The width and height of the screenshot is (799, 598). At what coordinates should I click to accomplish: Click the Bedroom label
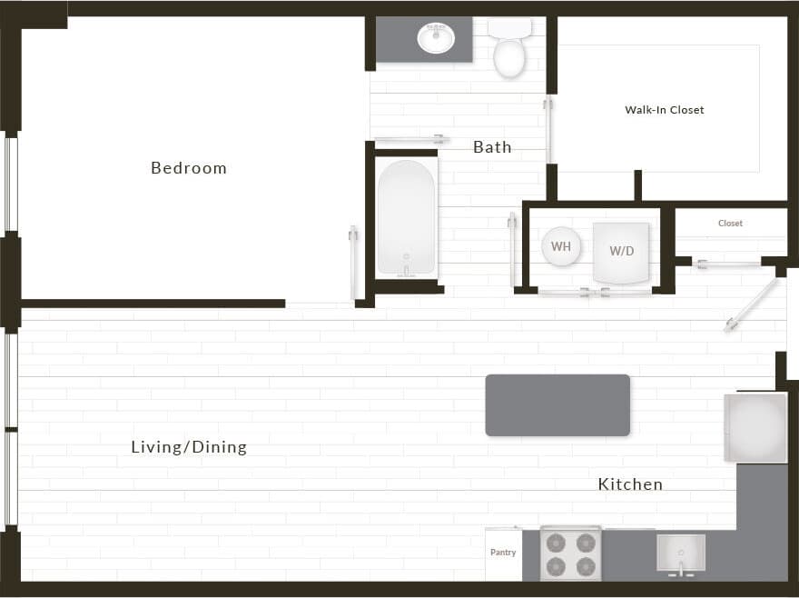(x=189, y=168)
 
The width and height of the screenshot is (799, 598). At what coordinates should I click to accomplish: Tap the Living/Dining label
(x=189, y=447)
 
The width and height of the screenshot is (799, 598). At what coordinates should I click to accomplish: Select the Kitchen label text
(x=630, y=484)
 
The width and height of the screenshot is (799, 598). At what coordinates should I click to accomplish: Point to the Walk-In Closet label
(x=665, y=110)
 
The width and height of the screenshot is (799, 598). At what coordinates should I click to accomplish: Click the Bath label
(x=492, y=147)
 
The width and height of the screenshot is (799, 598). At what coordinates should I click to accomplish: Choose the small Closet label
(x=730, y=223)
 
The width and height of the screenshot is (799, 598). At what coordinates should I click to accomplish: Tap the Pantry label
(x=503, y=553)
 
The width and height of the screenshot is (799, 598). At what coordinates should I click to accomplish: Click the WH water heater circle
(x=561, y=246)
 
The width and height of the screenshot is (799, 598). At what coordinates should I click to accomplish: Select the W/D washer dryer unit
(x=622, y=252)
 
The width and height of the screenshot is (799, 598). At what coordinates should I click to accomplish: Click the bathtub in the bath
(x=406, y=218)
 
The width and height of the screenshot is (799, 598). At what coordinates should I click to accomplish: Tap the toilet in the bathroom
(x=509, y=50)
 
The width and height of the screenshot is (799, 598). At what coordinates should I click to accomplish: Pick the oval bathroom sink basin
(x=436, y=38)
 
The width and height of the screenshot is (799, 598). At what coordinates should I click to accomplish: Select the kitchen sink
(x=681, y=553)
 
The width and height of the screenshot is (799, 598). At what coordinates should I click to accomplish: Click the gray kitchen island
(x=557, y=405)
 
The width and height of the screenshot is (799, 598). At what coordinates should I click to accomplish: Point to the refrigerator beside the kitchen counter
(x=755, y=428)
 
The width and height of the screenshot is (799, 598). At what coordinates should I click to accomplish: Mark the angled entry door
(x=752, y=304)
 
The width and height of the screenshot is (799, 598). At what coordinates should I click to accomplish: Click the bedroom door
(x=353, y=263)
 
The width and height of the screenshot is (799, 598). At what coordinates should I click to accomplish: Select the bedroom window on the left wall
(x=11, y=183)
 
